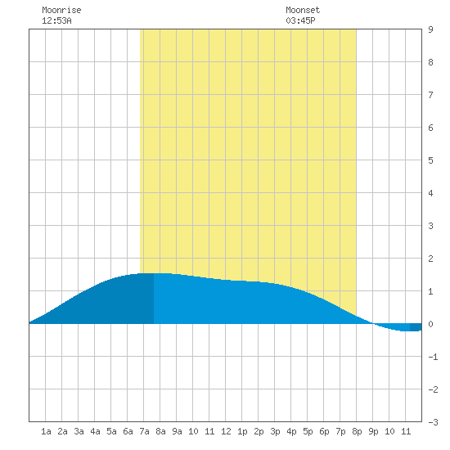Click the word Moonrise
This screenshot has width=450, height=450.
click(x=61, y=10)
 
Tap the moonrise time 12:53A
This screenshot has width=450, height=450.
click(x=56, y=20)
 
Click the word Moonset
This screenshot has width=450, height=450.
click(x=303, y=10)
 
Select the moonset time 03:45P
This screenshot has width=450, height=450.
click(x=300, y=20)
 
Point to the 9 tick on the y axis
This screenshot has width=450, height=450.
click(x=430, y=29)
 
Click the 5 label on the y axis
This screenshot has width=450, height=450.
click(x=430, y=160)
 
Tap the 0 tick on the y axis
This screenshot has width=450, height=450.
click(x=430, y=324)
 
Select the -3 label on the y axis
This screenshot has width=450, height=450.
click(x=433, y=422)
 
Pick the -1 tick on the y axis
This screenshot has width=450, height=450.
click(x=433, y=357)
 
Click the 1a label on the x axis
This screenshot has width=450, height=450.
click(x=46, y=431)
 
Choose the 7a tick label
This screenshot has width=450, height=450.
click(x=144, y=431)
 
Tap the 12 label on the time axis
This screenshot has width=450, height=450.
click(x=226, y=431)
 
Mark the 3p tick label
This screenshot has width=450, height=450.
click(x=275, y=431)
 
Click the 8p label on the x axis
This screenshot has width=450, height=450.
click(x=357, y=431)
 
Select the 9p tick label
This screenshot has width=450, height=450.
click(x=373, y=431)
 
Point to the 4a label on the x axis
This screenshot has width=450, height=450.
click(x=95, y=431)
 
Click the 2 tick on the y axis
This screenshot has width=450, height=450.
click(x=430, y=259)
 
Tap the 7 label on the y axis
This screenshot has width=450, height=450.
click(x=430, y=95)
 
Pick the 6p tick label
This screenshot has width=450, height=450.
click(x=324, y=431)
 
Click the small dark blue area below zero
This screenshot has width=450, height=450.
click(x=416, y=327)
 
